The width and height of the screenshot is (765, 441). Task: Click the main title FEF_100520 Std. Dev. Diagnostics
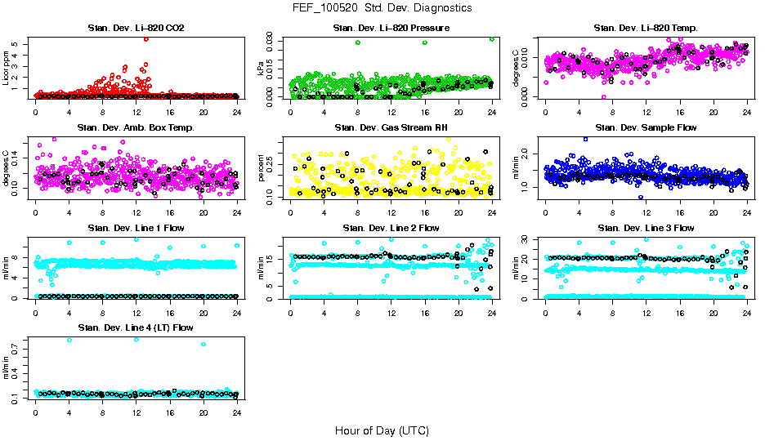point(381,8)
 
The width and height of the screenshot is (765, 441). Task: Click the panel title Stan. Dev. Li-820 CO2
point(136,29)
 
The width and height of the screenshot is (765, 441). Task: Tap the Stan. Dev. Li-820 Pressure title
point(391,29)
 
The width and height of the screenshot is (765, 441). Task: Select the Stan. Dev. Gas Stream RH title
point(391,128)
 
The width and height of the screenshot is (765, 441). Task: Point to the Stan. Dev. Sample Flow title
point(646,128)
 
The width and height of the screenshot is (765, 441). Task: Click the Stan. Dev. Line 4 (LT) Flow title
point(136,327)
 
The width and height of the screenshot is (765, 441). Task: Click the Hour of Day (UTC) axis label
point(381,430)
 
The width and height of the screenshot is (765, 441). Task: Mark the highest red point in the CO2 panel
point(145,38)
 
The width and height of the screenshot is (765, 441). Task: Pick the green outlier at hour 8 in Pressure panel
point(358,42)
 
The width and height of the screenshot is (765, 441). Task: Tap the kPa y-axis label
point(262,69)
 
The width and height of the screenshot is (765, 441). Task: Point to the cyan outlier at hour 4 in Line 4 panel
point(69,340)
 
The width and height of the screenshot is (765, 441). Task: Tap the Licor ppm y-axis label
point(7,69)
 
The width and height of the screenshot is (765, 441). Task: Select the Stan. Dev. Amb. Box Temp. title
point(136,128)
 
